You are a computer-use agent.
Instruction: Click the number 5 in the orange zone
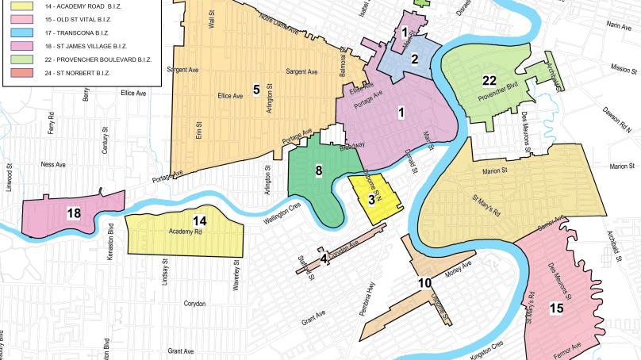pos(256,88)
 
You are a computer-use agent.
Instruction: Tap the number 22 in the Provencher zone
pos(489,80)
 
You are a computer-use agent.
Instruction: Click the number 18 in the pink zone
pos(74,214)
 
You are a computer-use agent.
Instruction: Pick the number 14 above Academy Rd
pos(200,220)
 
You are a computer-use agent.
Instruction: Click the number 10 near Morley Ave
pos(424,283)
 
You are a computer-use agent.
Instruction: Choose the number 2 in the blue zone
pos(414,58)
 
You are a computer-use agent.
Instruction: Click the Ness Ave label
pos(54,166)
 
